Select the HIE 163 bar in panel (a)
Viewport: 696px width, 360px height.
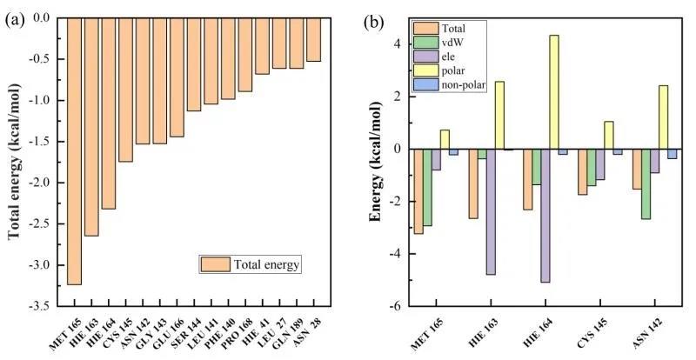(x=91, y=126)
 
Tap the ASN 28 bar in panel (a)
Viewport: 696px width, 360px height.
(x=313, y=39)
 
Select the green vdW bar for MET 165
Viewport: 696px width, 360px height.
(x=427, y=187)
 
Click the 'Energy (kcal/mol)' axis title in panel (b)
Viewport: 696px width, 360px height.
(x=375, y=165)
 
